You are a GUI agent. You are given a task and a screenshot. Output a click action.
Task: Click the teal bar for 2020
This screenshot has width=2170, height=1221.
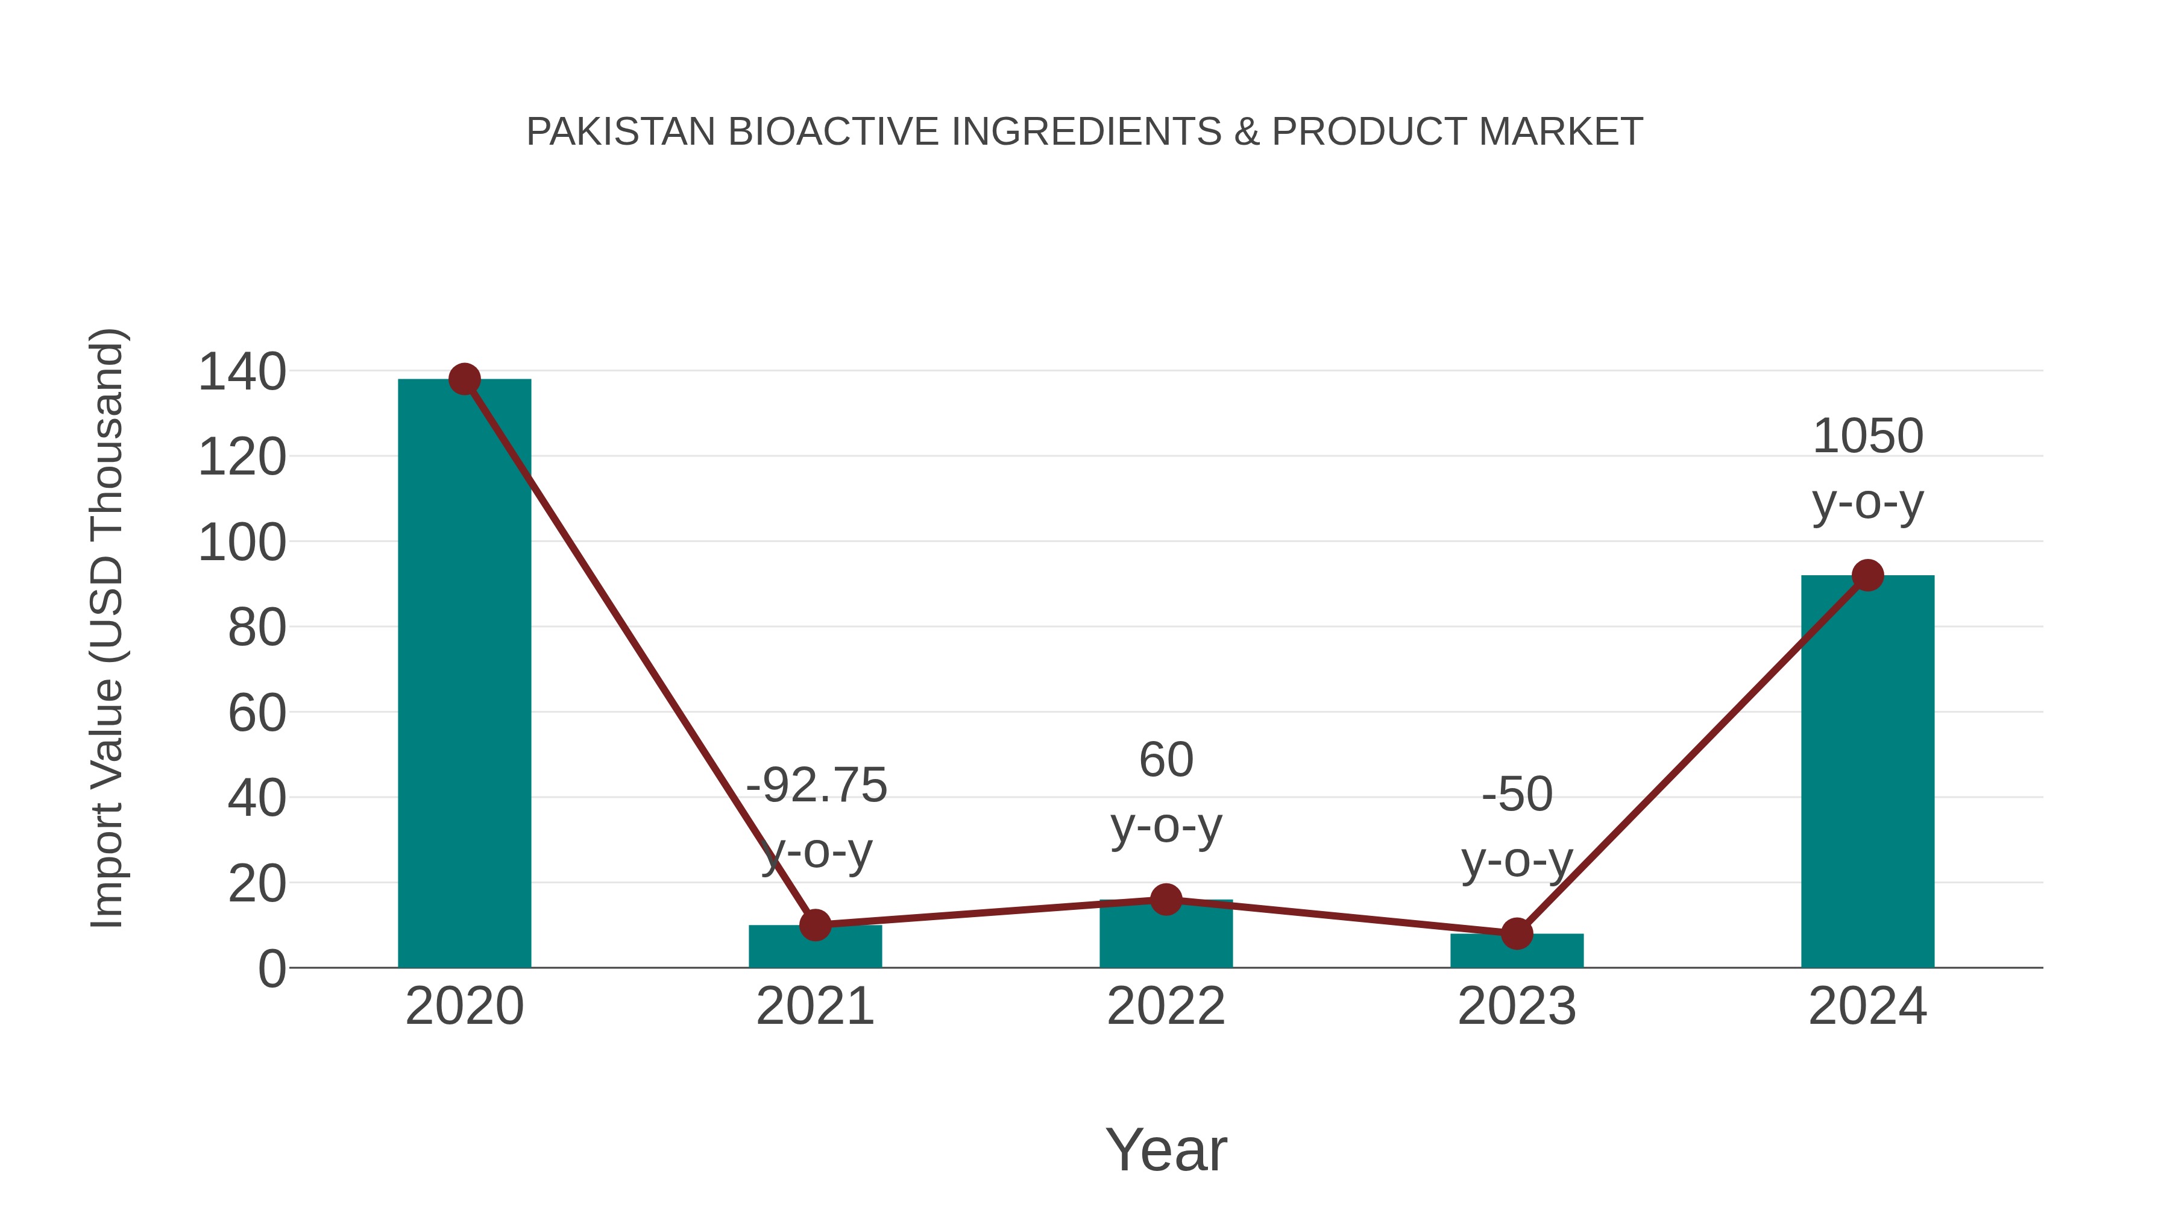[x=464, y=674]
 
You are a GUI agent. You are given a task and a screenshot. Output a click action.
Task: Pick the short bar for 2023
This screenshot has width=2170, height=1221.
[x=1517, y=952]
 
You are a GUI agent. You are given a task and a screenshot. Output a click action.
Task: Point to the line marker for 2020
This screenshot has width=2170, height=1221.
[x=464, y=379]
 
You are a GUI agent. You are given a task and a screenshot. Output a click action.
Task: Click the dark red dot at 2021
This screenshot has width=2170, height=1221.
[x=816, y=925]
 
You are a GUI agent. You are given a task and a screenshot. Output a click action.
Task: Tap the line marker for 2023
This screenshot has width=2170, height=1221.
[x=1517, y=933]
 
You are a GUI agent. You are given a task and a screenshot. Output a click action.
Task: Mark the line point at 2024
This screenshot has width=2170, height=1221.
[x=1867, y=576]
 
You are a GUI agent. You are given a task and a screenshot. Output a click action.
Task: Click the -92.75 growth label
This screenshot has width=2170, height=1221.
[x=816, y=785]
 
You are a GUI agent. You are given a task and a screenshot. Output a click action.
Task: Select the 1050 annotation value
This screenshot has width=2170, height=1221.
[x=1867, y=437]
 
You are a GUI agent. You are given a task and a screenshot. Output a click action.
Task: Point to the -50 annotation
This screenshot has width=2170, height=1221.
[x=1517, y=795]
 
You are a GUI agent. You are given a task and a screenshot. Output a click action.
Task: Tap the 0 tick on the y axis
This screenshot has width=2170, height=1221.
[x=271, y=969]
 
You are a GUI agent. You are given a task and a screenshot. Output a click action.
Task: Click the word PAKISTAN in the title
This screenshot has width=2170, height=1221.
[x=621, y=131]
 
